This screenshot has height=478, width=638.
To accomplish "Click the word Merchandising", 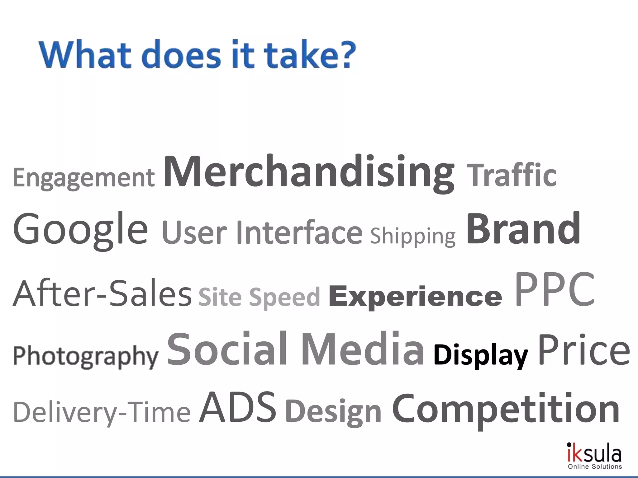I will coord(308,173).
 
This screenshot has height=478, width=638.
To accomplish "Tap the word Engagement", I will coord(83,177).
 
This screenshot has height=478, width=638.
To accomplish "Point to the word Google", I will coord(80,229).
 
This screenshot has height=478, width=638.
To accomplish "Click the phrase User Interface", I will coord(262,233).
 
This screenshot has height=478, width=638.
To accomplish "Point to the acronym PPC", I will coord(554,289).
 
